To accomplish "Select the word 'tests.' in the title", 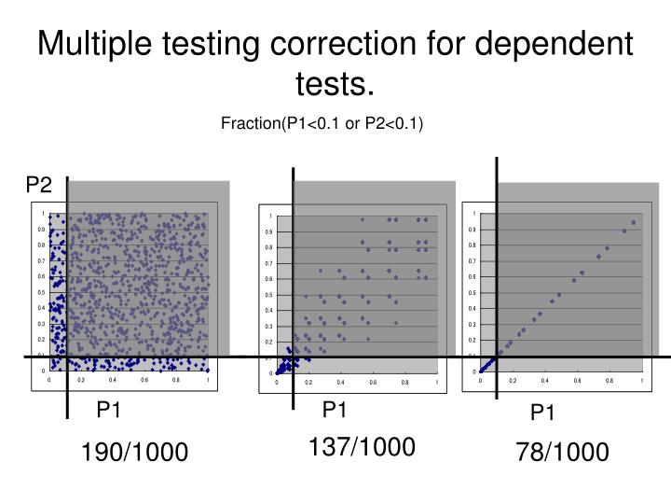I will coord(335,86).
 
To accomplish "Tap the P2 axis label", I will coord(38,185).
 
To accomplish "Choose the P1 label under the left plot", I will coord(110,411).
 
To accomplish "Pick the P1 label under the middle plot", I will coord(335,410).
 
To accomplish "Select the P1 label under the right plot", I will coord(542,413).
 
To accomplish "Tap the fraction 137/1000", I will coord(362,447).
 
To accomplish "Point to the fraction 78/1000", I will coord(563,453).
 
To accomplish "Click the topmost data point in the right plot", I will coord(634,222).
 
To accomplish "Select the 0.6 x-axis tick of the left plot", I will coord(144,380).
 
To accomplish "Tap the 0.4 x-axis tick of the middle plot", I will coord(340,382).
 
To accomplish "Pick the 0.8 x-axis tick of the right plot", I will coord(609,381).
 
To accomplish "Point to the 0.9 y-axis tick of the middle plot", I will coord(268,231).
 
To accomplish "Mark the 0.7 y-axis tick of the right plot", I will coord(472,260).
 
